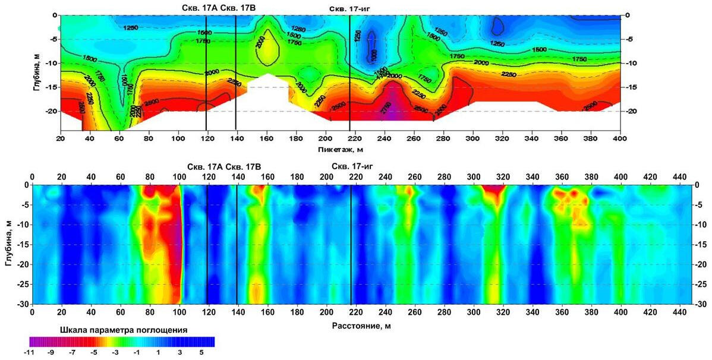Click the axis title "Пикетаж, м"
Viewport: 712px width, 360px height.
[x=341, y=149]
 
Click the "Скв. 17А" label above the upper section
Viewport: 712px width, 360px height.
[x=199, y=8]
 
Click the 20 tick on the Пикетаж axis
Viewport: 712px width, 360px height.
[x=60, y=138]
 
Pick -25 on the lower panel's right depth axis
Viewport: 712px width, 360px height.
[x=701, y=284]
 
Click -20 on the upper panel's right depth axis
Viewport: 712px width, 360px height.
[x=631, y=112]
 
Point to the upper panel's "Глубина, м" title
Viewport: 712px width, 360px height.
[x=37, y=72]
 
